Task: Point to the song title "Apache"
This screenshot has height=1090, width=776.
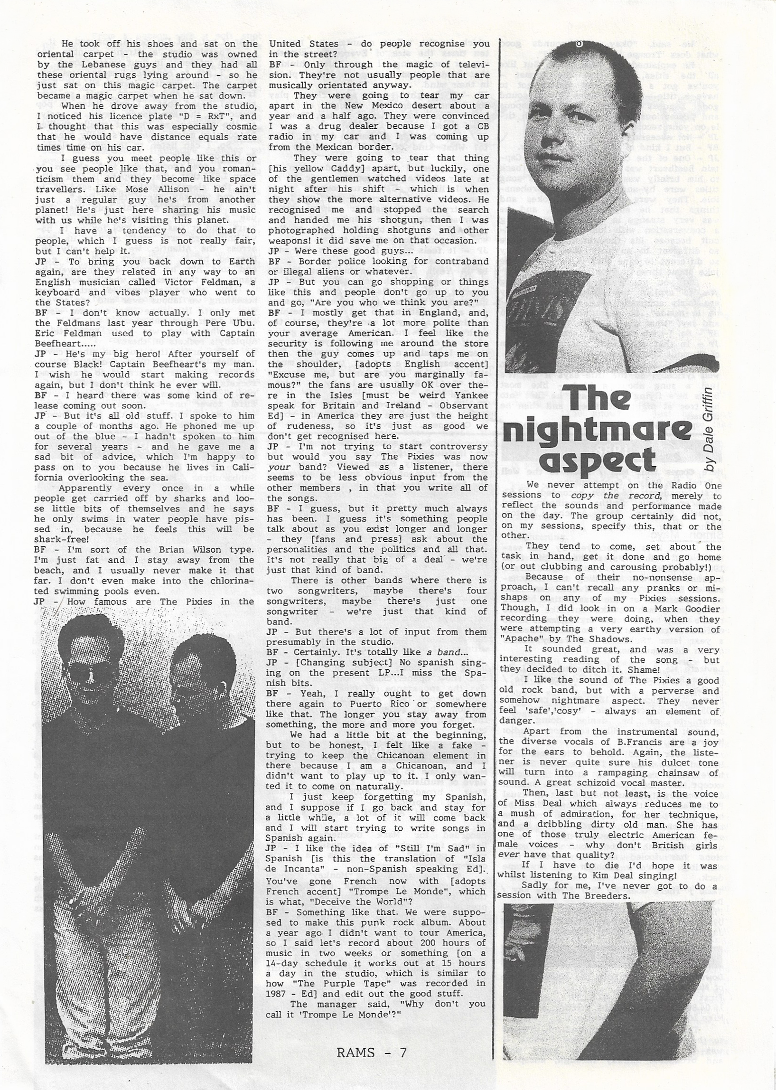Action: tap(518, 639)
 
